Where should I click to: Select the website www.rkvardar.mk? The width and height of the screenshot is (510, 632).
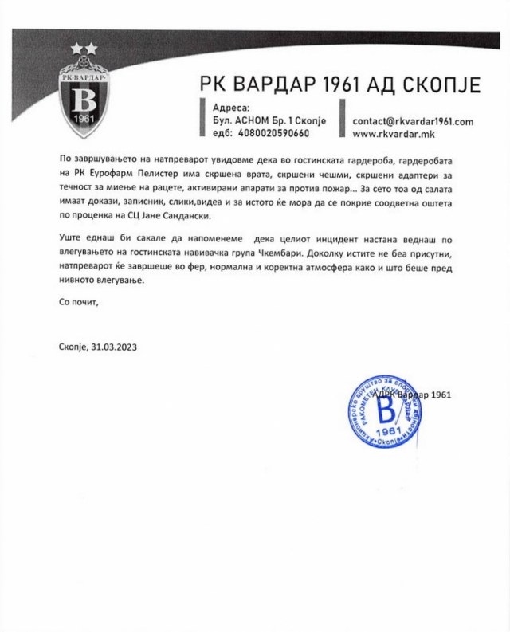click(x=392, y=133)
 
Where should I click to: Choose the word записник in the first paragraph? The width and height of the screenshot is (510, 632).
click(x=149, y=202)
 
